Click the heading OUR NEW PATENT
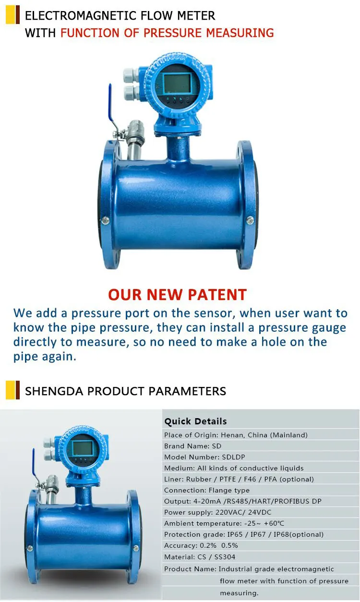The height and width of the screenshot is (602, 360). [177, 294]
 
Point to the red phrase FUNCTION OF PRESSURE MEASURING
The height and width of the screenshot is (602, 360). [168, 33]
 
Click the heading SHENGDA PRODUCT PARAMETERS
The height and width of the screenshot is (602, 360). [125, 391]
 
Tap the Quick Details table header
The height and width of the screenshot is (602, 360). [195, 421]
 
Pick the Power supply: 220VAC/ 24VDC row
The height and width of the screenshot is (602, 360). [217, 512]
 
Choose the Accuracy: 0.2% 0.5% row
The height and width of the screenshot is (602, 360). [201, 545]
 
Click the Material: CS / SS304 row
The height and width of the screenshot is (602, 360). [200, 557]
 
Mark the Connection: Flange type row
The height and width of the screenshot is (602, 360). [207, 490]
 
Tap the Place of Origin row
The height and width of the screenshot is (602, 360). [236, 435]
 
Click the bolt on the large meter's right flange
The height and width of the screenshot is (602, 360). [250, 220]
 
